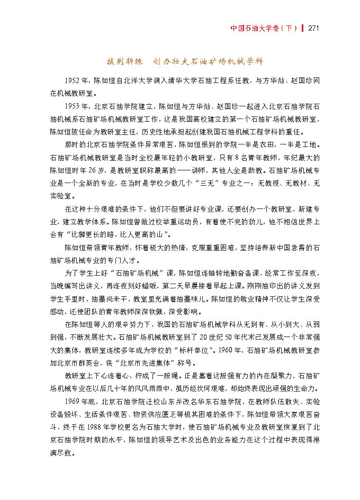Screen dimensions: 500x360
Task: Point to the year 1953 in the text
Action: tap(75, 106)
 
